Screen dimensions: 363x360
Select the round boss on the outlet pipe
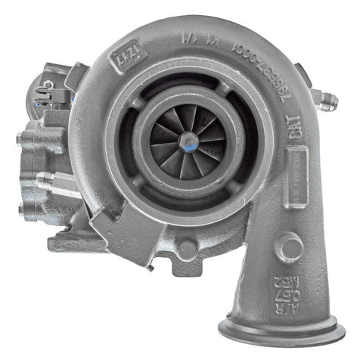[x=289, y=247]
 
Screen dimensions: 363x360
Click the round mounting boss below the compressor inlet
[x=185, y=250]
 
